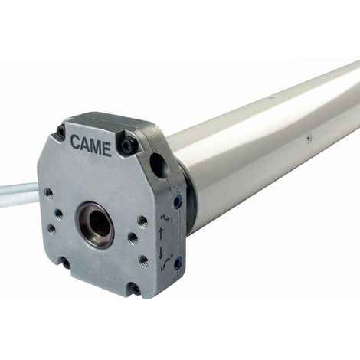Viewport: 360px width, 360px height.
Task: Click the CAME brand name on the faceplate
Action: (x=90, y=146)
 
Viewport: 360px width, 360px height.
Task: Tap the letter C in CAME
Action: (x=75, y=142)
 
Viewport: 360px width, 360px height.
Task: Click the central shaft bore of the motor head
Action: (x=96, y=225)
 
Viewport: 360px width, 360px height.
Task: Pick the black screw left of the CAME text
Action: (x=61, y=132)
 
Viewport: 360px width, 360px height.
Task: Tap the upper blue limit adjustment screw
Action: (x=178, y=201)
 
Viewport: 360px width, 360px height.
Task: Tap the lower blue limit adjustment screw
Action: (x=177, y=263)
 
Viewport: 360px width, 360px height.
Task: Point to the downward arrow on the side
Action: (x=162, y=252)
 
